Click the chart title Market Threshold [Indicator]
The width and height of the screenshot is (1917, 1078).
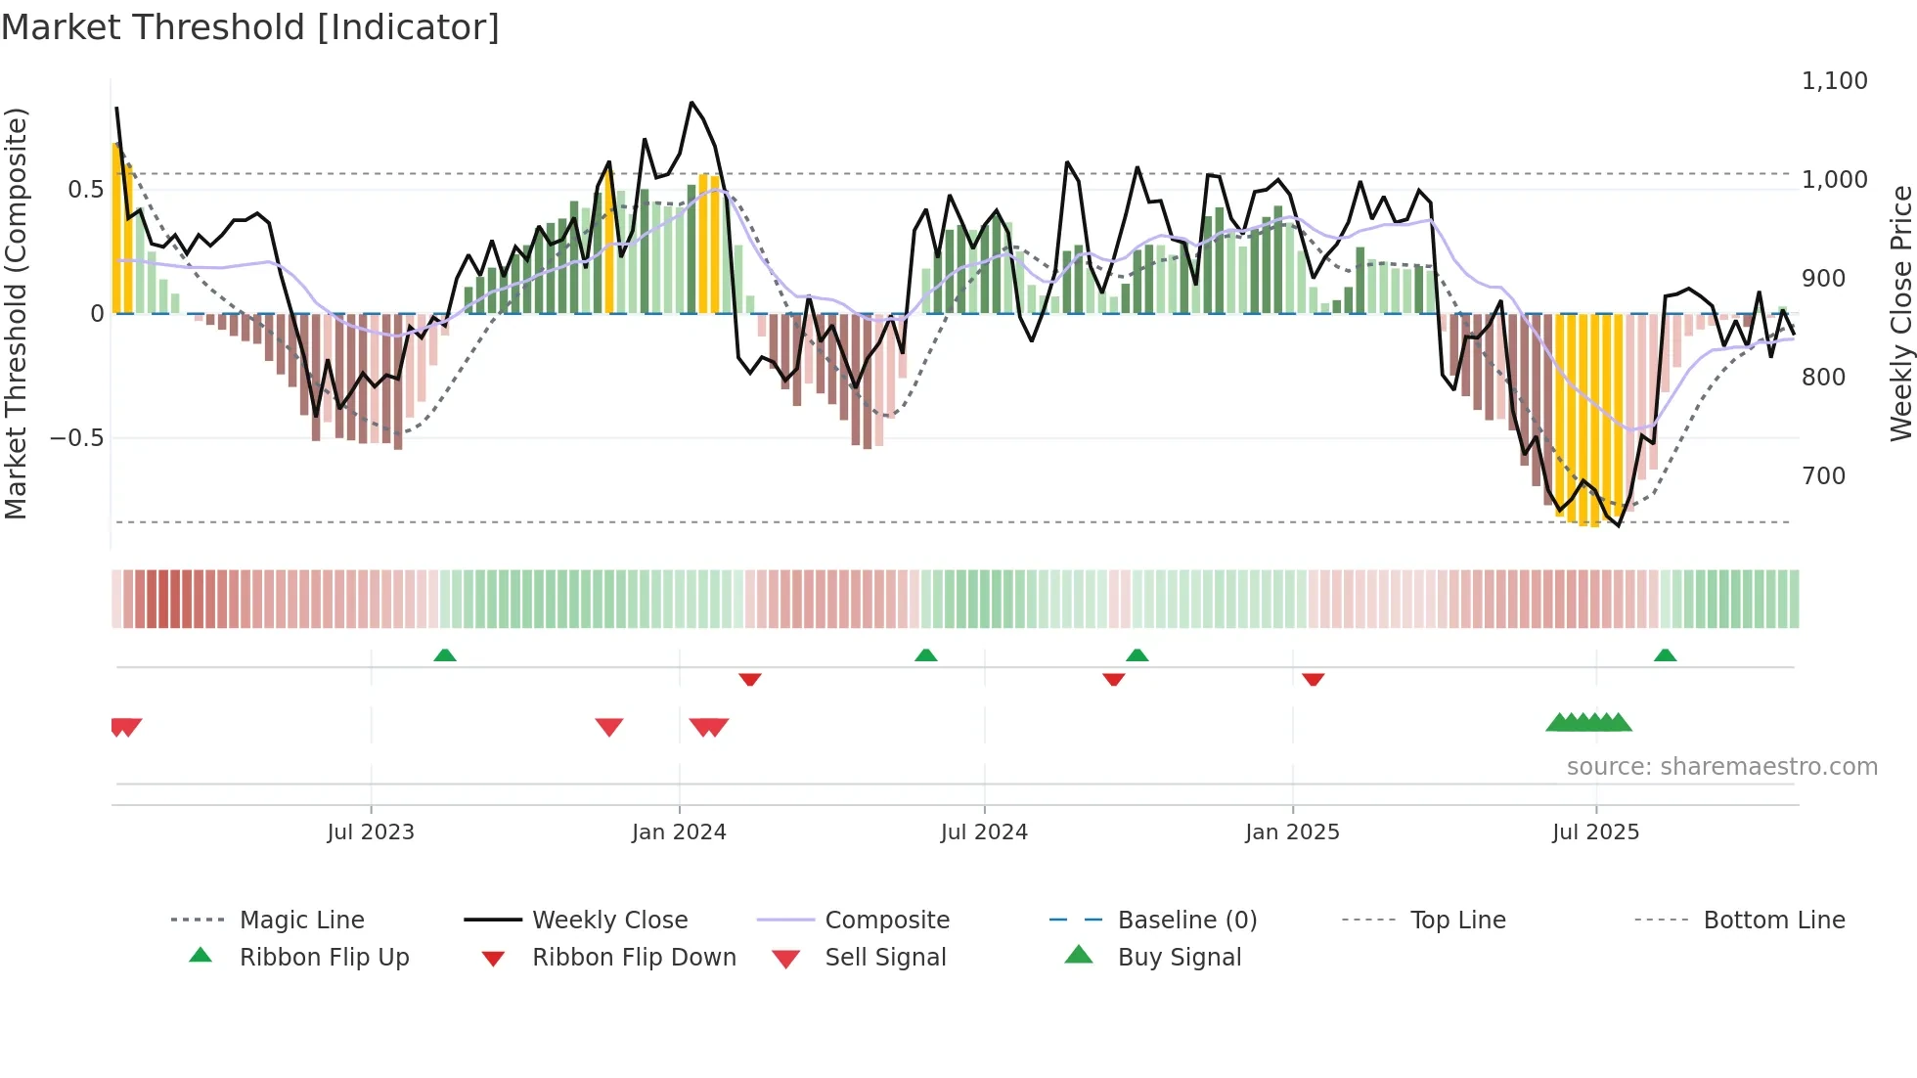(250, 27)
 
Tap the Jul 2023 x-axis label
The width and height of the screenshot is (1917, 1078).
(371, 832)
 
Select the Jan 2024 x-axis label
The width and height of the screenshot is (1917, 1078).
(679, 832)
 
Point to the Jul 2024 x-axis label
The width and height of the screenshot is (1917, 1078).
(984, 832)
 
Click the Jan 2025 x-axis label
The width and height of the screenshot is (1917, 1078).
(1292, 832)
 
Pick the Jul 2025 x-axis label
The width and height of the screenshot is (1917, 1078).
(1595, 832)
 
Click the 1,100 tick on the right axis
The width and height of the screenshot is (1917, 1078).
(1834, 81)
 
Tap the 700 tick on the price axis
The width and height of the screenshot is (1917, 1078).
(1823, 476)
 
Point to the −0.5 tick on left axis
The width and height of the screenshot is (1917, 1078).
(76, 438)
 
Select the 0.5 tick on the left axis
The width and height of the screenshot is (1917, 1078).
(85, 190)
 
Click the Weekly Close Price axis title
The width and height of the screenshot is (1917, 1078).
(1900, 313)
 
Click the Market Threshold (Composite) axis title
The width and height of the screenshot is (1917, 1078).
(16, 313)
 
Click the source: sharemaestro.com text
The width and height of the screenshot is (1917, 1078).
(1721, 767)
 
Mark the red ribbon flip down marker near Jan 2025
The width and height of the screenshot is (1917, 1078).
(1313, 679)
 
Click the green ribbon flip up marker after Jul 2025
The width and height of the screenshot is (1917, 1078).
(1665, 655)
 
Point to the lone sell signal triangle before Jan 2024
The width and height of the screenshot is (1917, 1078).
(608, 727)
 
